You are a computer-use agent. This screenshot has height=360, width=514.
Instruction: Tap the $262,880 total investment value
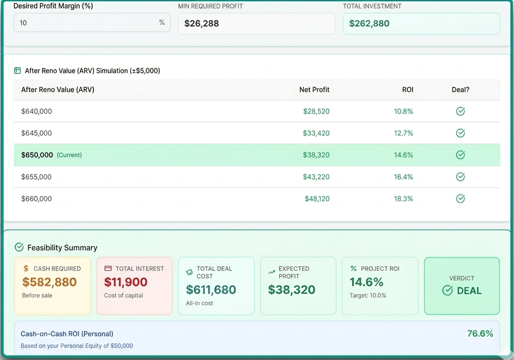click(x=369, y=24)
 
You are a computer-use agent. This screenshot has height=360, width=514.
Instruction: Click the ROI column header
click(x=407, y=90)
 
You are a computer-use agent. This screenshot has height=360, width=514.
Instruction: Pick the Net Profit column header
click(x=314, y=90)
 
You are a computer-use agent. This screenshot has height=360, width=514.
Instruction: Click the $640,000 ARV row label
click(x=37, y=111)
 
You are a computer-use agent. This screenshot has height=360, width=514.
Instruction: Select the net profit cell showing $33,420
click(x=316, y=133)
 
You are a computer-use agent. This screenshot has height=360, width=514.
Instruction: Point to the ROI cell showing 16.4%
click(x=403, y=177)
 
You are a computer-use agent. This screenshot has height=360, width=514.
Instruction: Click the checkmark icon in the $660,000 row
click(x=460, y=199)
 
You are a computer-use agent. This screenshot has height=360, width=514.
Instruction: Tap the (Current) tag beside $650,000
click(x=69, y=155)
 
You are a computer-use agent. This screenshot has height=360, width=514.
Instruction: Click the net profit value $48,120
click(x=317, y=199)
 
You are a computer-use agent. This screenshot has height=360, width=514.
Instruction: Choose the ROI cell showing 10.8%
click(x=403, y=111)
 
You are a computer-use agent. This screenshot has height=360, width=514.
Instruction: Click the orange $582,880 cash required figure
click(x=49, y=282)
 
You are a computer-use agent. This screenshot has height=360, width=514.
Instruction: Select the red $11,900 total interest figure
click(x=125, y=282)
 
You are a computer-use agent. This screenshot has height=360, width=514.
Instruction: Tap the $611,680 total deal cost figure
click(x=211, y=290)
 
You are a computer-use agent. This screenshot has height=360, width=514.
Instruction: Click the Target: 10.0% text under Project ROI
click(x=368, y=296)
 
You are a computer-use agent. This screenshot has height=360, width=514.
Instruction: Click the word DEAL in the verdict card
click(x=469, y=291)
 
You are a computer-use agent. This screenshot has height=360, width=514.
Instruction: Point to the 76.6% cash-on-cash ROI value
click(x=480, y=334)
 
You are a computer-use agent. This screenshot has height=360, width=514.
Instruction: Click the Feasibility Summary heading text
click(x=62, y=248)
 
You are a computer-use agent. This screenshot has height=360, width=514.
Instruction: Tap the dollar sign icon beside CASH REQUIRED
click(x=26, y=269)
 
